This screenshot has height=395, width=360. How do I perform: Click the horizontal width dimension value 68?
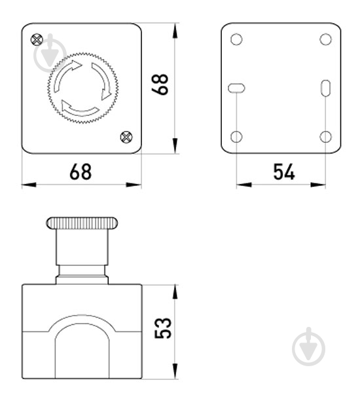(x=81, y=172)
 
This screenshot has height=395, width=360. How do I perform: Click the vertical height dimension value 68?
(x=160, y=84)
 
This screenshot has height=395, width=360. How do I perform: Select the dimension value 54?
(x=283, y=172)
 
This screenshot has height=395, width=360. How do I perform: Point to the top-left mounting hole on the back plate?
(x=237, y=39)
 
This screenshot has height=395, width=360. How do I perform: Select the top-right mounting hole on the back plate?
(x=325, y=39)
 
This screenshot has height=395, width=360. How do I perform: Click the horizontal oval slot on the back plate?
(x=237, y=88)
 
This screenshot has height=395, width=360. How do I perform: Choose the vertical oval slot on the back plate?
(x=326, y=88)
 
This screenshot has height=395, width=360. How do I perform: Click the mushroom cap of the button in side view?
(x=82, y=223)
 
